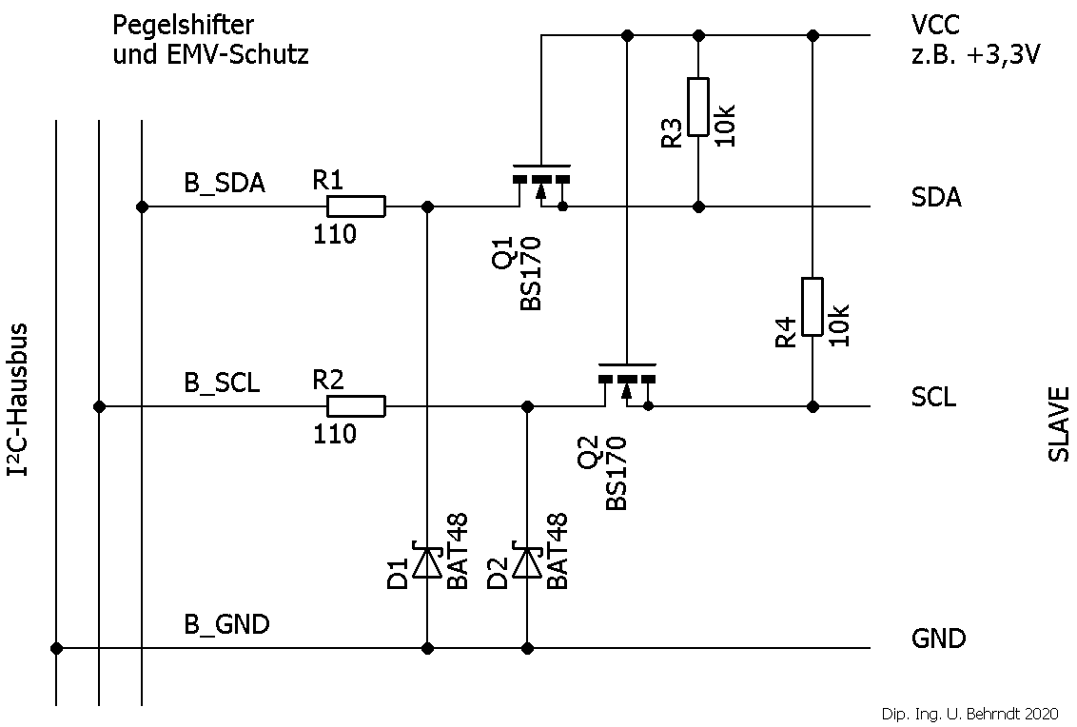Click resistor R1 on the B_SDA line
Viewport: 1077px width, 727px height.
coord(356,206)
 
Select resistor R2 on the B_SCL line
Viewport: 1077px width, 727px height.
coord(356,406)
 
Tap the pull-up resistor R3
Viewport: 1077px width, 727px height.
coord(698,107)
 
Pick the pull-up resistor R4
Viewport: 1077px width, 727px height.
coord(812,306)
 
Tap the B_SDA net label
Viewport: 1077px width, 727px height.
coord(225,184)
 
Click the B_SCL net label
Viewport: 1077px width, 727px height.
coord(222,383)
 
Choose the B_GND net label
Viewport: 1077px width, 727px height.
coord(226,625)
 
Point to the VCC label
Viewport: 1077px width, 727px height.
coord(935,25)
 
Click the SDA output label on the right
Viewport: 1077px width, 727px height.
coord(936,198)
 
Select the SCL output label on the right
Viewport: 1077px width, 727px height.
coord(934,398)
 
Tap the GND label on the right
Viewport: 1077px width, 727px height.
coord(938,638)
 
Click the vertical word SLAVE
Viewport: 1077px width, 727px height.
coord(1059,423)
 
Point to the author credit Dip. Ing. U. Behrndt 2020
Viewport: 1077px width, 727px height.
coord(969,714)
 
